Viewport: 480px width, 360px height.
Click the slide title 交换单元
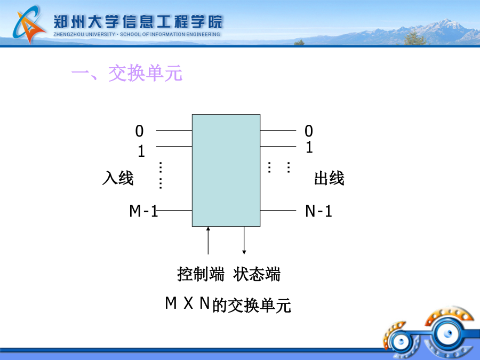[146, 74]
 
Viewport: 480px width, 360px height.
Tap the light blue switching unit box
[226, 171]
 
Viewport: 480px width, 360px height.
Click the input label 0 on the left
[139, 131]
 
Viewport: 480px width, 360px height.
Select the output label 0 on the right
[309, 131]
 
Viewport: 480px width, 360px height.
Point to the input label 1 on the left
[141, 151]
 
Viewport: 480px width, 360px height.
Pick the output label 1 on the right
[309, 147]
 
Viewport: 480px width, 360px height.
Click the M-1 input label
[143, 211]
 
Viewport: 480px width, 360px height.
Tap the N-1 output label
[319, 211]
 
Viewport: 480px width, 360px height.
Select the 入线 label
[118, 178]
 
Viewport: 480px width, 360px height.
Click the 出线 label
[330, 178]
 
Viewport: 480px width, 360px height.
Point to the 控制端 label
[201, 274]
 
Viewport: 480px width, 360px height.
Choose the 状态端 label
[257, 274]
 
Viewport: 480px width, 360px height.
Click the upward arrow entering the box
[208, 241]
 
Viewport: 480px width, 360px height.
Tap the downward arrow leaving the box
[244, 241]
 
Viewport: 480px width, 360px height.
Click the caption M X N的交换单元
[228, 305]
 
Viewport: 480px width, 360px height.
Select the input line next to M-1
[174, 211]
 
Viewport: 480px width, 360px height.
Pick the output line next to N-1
[278, 211]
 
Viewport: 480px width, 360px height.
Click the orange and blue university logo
[29, 25]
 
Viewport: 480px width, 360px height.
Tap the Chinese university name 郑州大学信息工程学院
[138, 22]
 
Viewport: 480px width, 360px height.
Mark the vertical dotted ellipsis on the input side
[161, 175]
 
